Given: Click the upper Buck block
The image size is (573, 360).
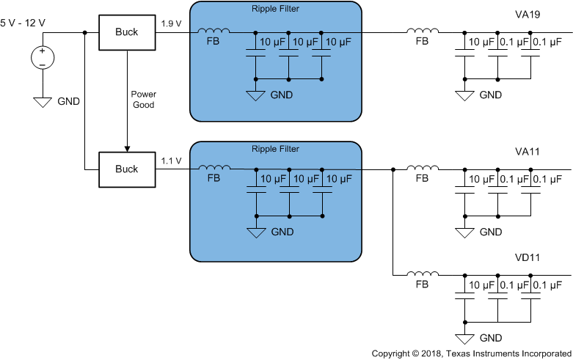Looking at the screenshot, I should click(x=127, y=32).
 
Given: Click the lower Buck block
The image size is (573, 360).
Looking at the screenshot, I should click(x=127, y=169).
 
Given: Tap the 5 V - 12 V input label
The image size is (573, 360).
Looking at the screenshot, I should click(x=23, y=23).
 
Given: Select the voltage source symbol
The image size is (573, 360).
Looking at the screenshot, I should click(x=42, y=56).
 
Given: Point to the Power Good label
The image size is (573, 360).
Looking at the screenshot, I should click(x=143, y=99).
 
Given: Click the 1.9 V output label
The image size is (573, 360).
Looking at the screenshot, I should click(x=171, y=23).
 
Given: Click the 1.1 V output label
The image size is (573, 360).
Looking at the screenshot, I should click(x=171, y=161).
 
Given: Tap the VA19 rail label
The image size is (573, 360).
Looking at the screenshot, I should click(x=527, y=13).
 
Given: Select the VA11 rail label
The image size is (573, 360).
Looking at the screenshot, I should click(x=527, y=152).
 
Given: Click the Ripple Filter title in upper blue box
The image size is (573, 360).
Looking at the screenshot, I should click(x=275, y=10).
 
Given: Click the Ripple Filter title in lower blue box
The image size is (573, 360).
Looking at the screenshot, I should click(x=275, y=149).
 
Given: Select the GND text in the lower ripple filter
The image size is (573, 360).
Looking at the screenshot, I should click(x=282, y=232).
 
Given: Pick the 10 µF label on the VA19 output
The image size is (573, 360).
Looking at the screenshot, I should click(x=481, y=41).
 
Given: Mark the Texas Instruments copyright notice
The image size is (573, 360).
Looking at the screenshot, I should click(x=470, y=353).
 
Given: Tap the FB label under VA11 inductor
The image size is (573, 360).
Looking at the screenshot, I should click(x=422, y=179).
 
